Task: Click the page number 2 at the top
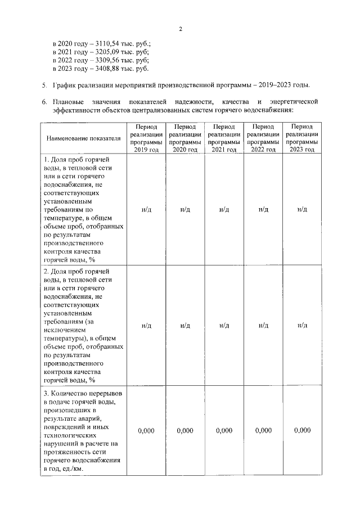click(180, 29)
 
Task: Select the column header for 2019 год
click(146, 138)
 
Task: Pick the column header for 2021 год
click(224, 138)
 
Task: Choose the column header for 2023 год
click(302, 138)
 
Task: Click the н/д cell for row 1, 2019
click(146, 209)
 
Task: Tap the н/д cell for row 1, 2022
click(263, 209)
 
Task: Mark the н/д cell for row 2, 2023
click(302, 326)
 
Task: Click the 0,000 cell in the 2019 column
click(146, 430)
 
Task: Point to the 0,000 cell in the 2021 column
click(224, 430)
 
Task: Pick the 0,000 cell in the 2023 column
click(302, 430)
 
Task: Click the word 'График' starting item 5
click(67, 85)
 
